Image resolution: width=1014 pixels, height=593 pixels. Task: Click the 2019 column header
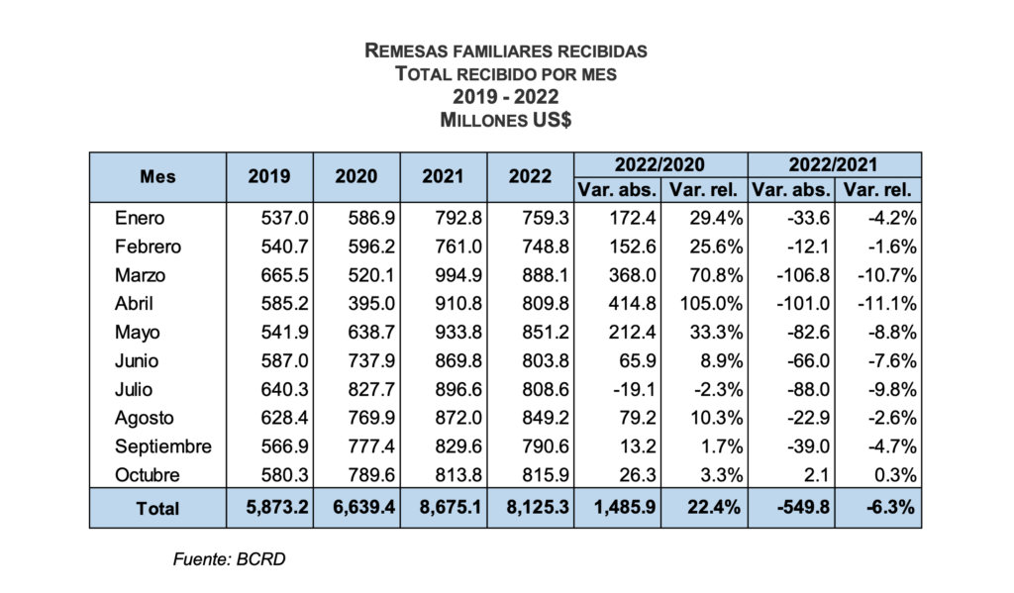[x=269, y=176]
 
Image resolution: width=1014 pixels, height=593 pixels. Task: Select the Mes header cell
[x=157, y=176]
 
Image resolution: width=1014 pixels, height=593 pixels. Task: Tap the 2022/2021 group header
[x=834, y=164]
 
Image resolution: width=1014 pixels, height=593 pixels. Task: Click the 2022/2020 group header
[x=659, y=164]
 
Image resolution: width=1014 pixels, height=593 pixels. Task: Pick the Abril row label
[x=135, y=304]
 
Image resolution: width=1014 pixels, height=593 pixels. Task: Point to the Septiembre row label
[x=163, y=446]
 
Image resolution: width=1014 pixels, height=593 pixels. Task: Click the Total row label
[x=157, y=508]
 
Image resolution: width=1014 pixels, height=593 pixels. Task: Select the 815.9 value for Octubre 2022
[x=538, y=475]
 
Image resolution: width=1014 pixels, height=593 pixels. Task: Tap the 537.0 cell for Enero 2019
[x=276, y=219]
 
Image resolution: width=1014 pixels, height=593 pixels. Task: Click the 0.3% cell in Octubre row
[x=892, y=475]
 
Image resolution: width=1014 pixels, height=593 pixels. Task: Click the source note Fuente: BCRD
[x=230, y=558]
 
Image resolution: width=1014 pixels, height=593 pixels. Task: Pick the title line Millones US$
[x=506, y=120]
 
